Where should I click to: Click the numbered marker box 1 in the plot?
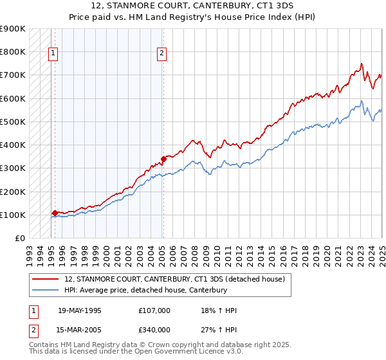tap(52, 53)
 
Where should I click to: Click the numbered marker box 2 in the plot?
tap(162, 53)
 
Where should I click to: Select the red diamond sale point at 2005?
tap(163, 158)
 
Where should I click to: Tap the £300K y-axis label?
tap(13, 168)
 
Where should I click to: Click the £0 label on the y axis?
tap(19, 239)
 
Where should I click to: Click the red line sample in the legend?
tap(46, 279)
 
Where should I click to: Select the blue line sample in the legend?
tap(46, 290)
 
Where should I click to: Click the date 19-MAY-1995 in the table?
tap(79, 310)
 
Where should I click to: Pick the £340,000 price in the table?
tap(154, 330)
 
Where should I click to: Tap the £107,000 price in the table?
tap(154, 310)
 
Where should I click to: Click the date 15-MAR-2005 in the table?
tap(79, 330)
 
